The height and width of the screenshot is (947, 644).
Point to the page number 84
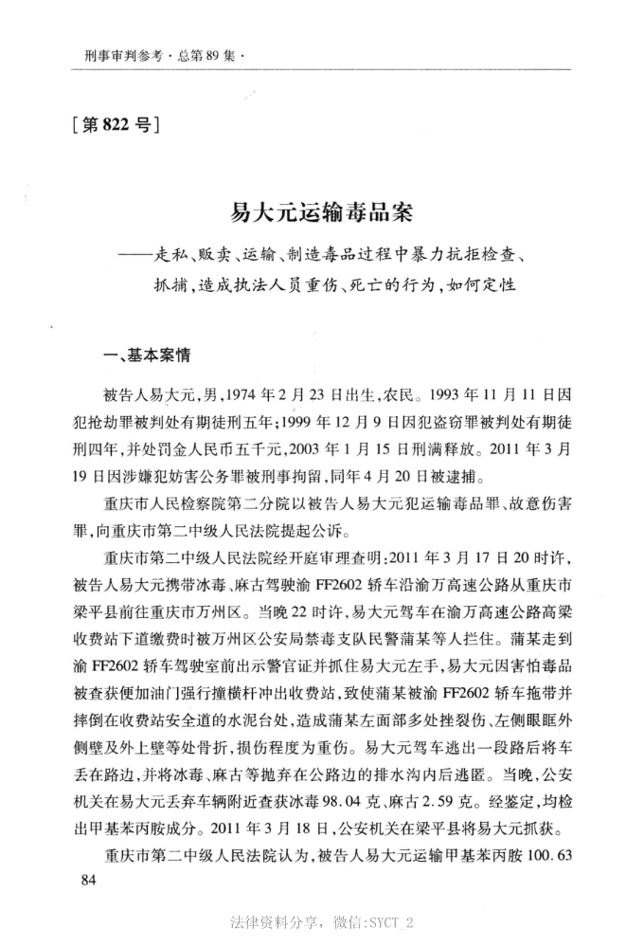pos(90,883)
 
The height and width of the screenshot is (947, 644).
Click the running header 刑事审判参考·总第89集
pos(157,56)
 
